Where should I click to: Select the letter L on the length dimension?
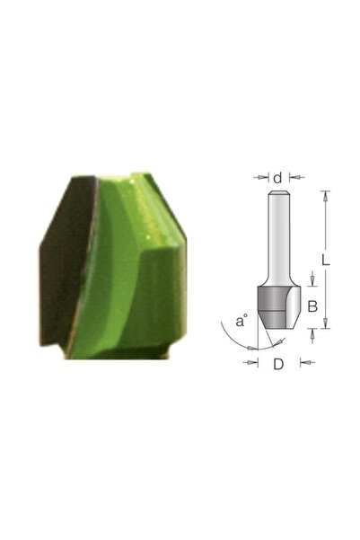point(327,261)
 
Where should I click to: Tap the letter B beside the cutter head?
point(312,306)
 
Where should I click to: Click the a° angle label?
point(240,320)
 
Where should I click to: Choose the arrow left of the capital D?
point(251,364)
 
